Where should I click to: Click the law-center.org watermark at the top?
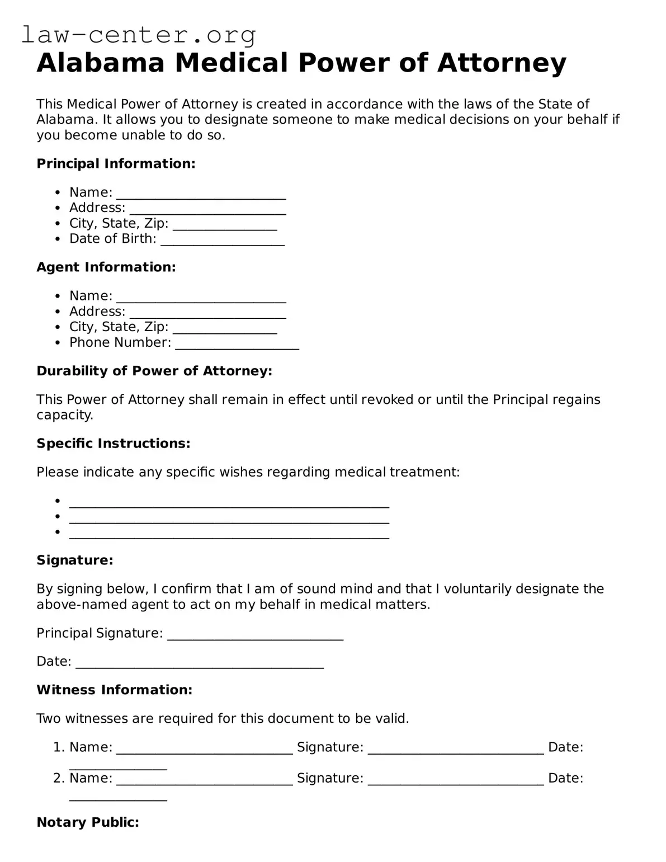tap(139, 35)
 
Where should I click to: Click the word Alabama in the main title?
tap(101, 63)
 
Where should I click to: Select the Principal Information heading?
tap(116, 164)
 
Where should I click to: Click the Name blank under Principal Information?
tap(201, 194)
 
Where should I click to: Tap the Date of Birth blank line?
tap(222, 240)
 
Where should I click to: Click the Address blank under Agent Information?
tap(207, 313)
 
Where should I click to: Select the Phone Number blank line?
tap(237, 344)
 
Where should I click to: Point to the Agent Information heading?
tap(106, 267)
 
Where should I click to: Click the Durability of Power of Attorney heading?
tap(154, 371)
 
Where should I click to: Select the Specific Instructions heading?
tap(114, 444)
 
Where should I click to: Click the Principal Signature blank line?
tap(255, 635)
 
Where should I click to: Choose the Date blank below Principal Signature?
tap(200, 663)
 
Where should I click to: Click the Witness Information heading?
tap(115, 690)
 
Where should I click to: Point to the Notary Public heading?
tap(88, 822)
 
